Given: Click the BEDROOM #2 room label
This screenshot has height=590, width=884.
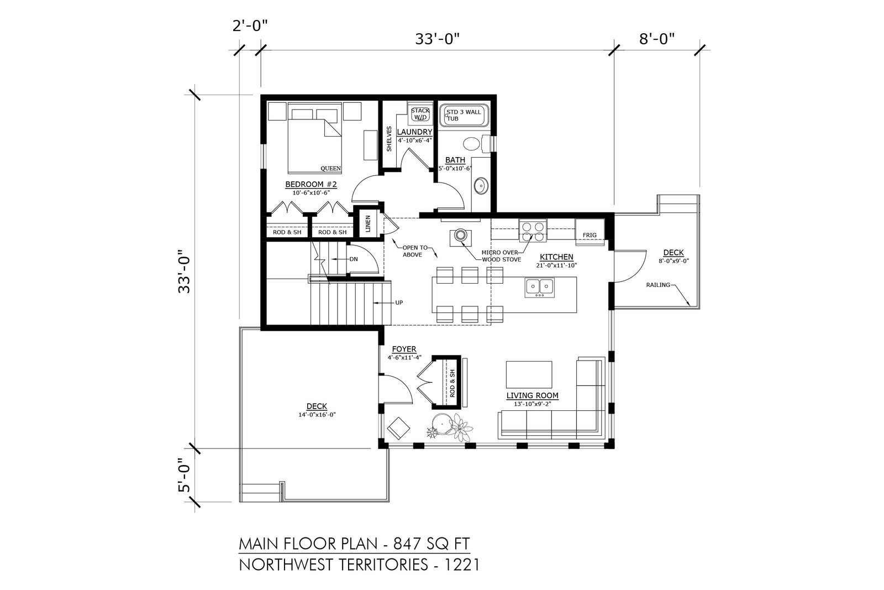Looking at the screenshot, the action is coord(311,185).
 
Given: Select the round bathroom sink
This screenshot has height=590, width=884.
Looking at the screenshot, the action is coord(480,186).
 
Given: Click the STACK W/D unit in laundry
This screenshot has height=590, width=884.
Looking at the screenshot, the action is coord(420,114).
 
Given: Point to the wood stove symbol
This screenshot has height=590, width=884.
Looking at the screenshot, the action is coord(460,236).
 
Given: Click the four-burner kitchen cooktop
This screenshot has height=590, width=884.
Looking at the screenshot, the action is coord(533,231).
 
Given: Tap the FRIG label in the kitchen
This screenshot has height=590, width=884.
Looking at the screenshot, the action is coord(590,235).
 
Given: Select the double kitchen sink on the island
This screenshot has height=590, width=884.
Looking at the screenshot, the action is coord(539,287).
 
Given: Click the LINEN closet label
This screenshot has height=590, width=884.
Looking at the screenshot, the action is coord(368,223).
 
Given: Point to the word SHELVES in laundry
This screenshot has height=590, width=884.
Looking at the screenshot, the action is coord(389,139).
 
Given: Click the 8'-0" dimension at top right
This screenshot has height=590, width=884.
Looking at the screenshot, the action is coord(657,39).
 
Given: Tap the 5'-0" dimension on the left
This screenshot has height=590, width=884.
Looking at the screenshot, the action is coord(185,476).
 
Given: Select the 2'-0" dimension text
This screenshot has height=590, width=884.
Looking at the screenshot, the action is coord(250,26).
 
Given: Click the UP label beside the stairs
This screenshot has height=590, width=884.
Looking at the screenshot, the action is coord(399,303).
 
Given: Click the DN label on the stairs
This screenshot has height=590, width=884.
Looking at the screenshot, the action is coord(354,259).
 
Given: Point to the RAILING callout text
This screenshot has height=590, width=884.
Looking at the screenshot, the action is coord(658,285).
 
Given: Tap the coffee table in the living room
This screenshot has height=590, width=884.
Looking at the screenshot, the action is coord(529,374).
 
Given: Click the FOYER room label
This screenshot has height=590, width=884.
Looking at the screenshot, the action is coord(404,349).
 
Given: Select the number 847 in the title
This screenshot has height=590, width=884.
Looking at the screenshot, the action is coord(408,544).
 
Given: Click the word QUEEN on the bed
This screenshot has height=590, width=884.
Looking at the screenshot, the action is coord(331,169).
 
